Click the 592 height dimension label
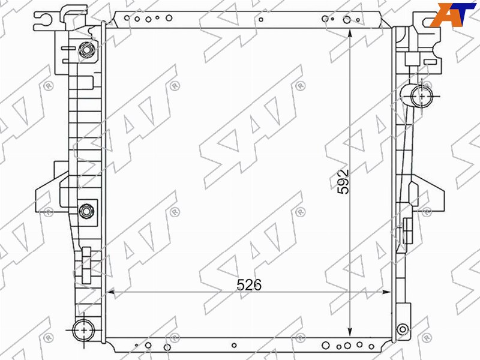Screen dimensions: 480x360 coord(343,181)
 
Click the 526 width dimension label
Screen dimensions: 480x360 coord(249,285)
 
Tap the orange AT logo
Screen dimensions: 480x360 coord(452,14)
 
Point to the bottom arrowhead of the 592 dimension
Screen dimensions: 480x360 coord(350,332)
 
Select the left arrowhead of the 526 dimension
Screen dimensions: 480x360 coord(110,292)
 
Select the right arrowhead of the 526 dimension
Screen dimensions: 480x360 coord(386,292)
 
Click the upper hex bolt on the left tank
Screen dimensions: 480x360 coord(86,50)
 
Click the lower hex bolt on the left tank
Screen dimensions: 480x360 coord(86,211)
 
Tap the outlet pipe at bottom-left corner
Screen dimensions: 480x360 coord(83,330)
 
